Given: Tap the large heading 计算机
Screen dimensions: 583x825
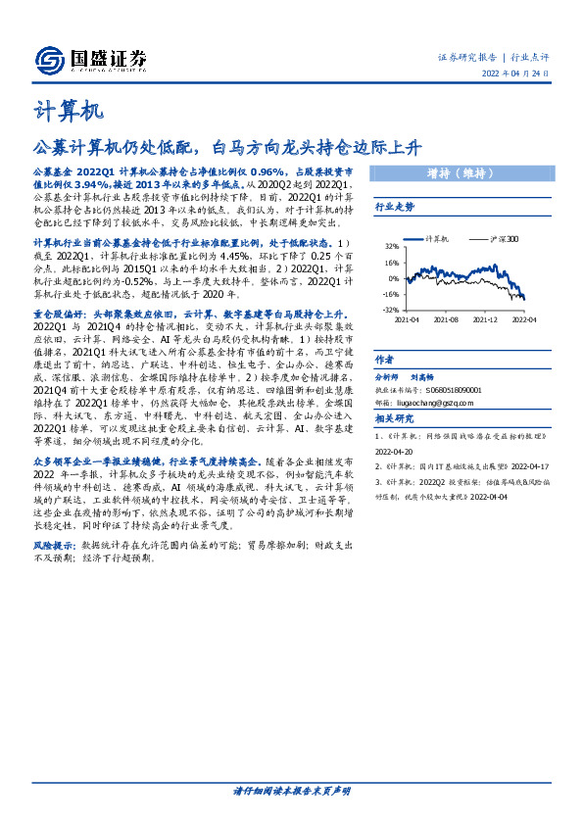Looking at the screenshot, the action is pos(70,110).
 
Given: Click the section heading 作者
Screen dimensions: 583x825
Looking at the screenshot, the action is pos(384,360).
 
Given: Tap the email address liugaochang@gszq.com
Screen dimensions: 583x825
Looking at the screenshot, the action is pos(442,402).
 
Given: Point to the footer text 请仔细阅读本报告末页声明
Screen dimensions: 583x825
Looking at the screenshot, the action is pos(291,790).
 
